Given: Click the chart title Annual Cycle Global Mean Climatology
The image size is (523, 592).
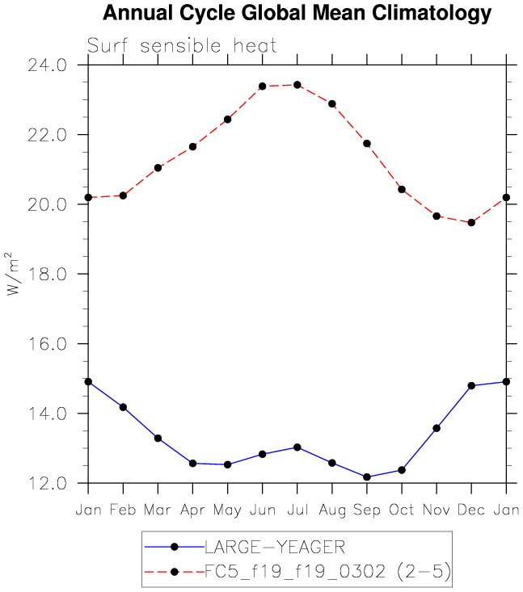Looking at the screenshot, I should [x=297, y=14].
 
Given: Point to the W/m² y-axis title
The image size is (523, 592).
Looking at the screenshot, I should [x=15, y=274].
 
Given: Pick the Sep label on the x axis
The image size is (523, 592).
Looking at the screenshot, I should [x=366, y=510].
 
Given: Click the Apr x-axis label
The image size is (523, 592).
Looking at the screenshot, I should [x=192, y=510].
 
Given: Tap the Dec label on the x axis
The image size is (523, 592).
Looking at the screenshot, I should [x=471, y=510].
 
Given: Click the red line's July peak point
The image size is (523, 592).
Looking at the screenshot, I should [x=297, y=85].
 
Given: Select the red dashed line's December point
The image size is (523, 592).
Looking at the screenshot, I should [x=471, y=222].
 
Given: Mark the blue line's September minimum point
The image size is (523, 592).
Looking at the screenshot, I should [x=367, y=477].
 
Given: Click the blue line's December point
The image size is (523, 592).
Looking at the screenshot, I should [x=471, y=385].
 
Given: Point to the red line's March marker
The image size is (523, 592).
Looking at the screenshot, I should [x=158, y=168].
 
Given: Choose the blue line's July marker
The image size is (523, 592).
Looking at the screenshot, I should [x=297, y=447].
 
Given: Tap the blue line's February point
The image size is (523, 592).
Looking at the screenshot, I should [x=123, y=407].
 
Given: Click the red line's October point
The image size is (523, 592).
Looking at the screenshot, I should [x=402, y=189].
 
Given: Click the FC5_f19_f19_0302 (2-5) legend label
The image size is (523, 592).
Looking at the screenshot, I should [x=327, y=573].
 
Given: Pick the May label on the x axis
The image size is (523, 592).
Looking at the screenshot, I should [x=227, y=510].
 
